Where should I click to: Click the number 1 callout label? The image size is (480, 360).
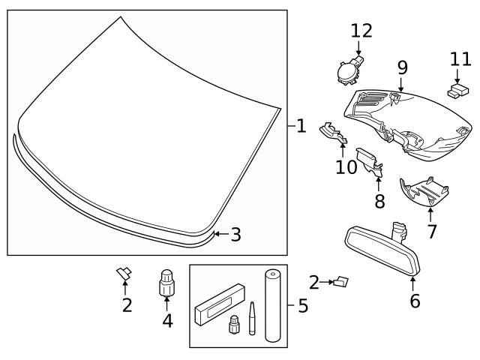pyautogui.click(x=301, y=126)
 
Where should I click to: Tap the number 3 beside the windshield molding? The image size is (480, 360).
pyautogui.click(x=235, y=235)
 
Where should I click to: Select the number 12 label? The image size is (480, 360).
pyautogui.click(x=361, y=31)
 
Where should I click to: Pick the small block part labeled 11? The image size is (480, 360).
pyautogui.click(x=457, y=92)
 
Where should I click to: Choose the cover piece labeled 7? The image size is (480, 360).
pyautogui.click(x=424, y=192)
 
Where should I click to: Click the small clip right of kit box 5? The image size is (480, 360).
pyautogui.click(x=343, y=282)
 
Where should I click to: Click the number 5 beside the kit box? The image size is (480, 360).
pyautogui.click(x=302, y=307)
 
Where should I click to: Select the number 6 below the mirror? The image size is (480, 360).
pyautogui.click(x=415, y=301)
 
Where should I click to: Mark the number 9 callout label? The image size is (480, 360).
pyautogui.click(x=403, y=67)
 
